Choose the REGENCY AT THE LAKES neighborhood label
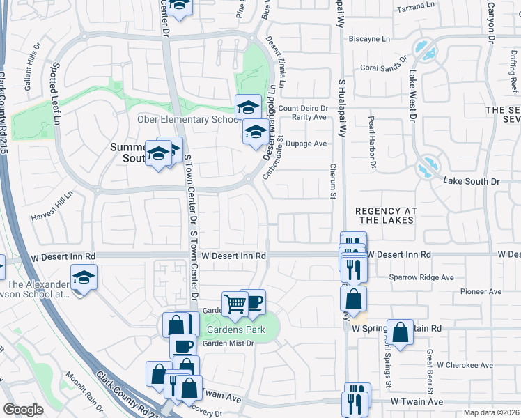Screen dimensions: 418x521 tap(384, 215)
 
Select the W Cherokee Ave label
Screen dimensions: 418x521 tap(464, 364)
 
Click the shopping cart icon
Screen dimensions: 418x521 tap(235, 303)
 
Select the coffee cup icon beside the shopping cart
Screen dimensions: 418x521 tap(254, 301)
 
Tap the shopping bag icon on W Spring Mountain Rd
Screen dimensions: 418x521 tap(401, 332)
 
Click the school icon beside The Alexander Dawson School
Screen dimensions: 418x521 tap(84, 278)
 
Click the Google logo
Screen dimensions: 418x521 tap(24, 410)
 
